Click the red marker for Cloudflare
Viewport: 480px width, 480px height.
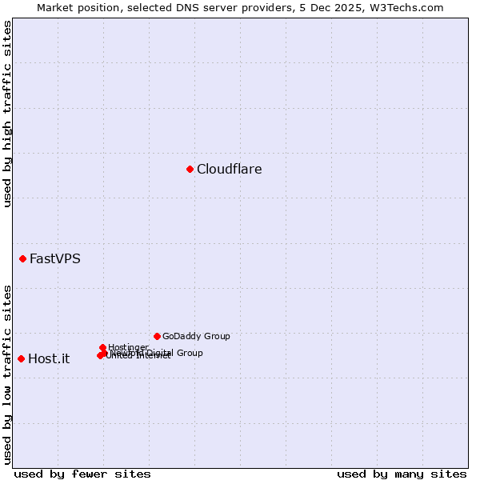point(190,169)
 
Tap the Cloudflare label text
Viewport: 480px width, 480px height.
point(229,169)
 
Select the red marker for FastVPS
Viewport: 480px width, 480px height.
point(23,258)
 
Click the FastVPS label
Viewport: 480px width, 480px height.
point(54,258)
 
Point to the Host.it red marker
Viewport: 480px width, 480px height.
point(21,358)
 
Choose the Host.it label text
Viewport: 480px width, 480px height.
point(49,358)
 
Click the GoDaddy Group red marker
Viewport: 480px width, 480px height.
point(157,336)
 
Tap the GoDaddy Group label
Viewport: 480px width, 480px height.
point(196,336)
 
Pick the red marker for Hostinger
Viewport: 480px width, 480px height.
point(103,347)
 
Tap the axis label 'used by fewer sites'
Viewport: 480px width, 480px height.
point(82,474)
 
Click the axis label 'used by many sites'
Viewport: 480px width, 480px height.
point(402,474)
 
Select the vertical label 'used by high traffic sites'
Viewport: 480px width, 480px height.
point(7,114)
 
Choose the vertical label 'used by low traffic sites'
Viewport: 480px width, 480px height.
point(7,374)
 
